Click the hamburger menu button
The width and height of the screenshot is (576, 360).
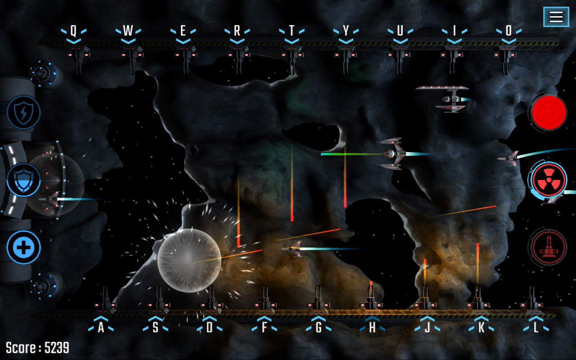[556, 17]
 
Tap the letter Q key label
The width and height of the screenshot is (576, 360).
[73, 31]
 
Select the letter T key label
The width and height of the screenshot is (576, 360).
[292, 31]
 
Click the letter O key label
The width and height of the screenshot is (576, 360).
[508, 31]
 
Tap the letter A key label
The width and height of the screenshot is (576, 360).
[101, 328]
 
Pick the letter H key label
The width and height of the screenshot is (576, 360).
[372, 328]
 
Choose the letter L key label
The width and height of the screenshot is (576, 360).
[535, 328]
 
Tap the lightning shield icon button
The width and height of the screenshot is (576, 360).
[23, 112]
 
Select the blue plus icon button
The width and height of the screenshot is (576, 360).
[23, 247]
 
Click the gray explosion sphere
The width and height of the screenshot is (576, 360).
[189, 260]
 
